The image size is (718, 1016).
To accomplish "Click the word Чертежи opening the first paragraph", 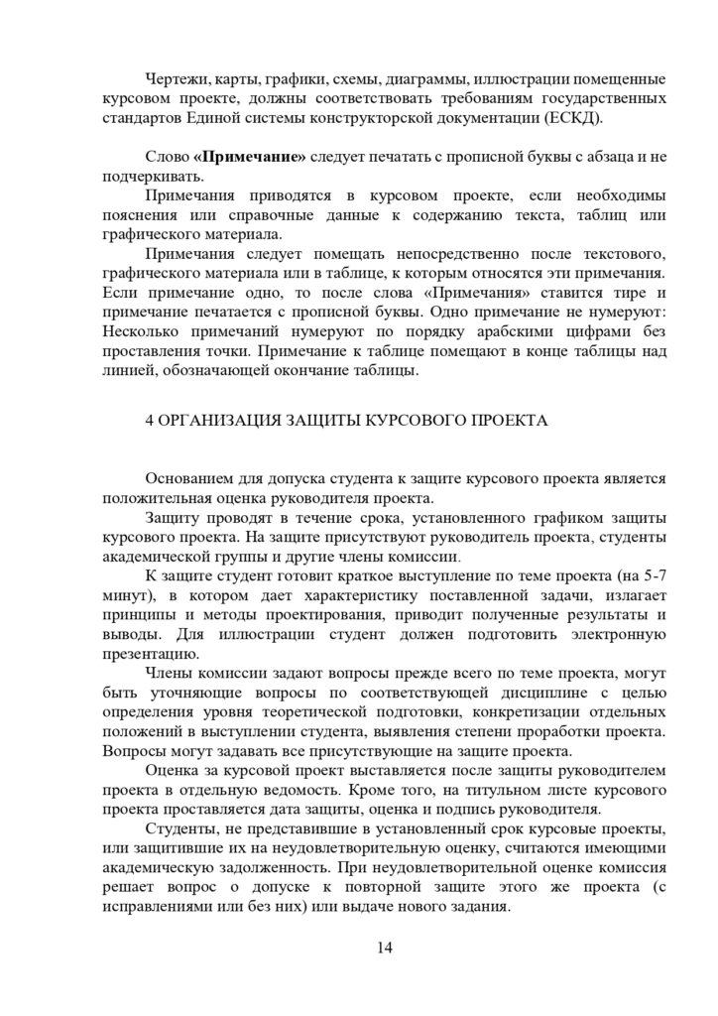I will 176,78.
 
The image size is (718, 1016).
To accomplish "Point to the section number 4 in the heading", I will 149,420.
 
